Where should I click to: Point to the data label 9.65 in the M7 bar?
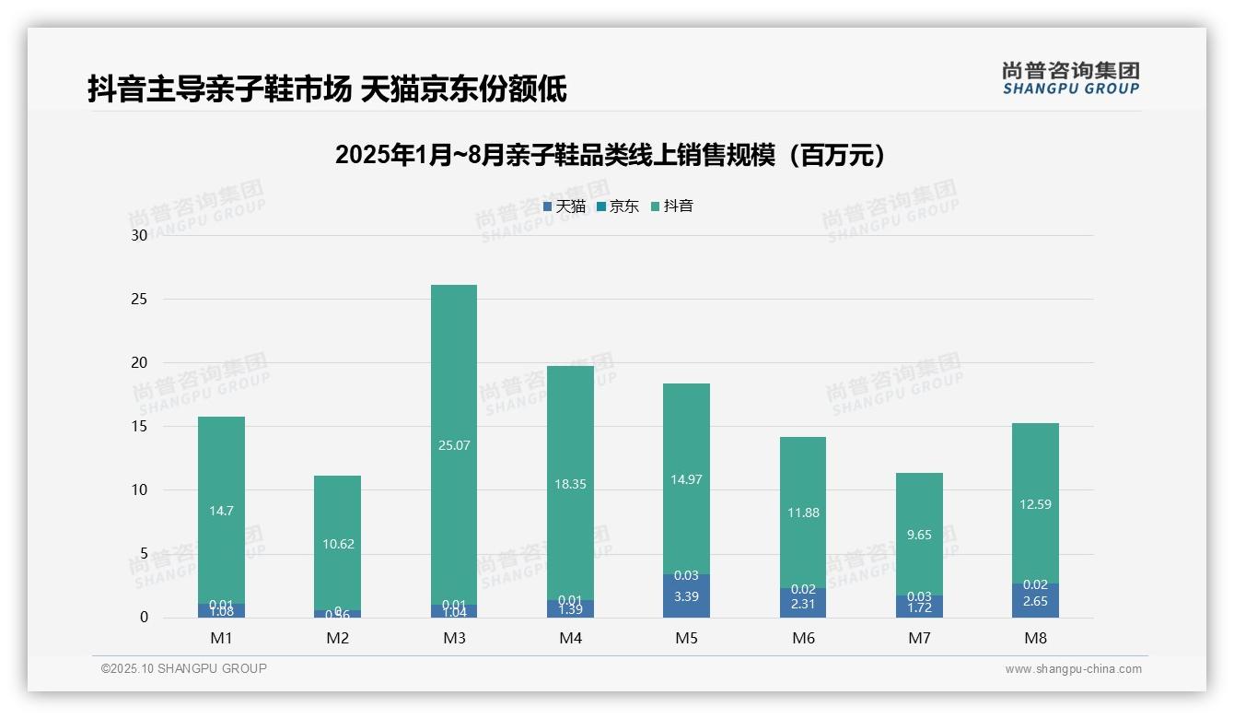coord(919,535)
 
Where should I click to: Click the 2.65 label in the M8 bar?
coord(1035,601)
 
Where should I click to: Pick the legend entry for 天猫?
coord(564,206)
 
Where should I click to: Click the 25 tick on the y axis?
coord(139,299)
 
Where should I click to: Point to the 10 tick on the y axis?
coord(139,489)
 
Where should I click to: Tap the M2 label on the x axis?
coord(337,638)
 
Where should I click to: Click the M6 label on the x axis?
coord(803,638)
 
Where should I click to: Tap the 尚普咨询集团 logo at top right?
coord(1070,77)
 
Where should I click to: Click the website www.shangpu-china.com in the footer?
coord(1073,669)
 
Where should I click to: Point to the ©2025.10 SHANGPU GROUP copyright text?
coord(184,669)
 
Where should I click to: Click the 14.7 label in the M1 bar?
coord(221,511)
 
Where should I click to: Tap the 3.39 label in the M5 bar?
coord(686,596)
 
